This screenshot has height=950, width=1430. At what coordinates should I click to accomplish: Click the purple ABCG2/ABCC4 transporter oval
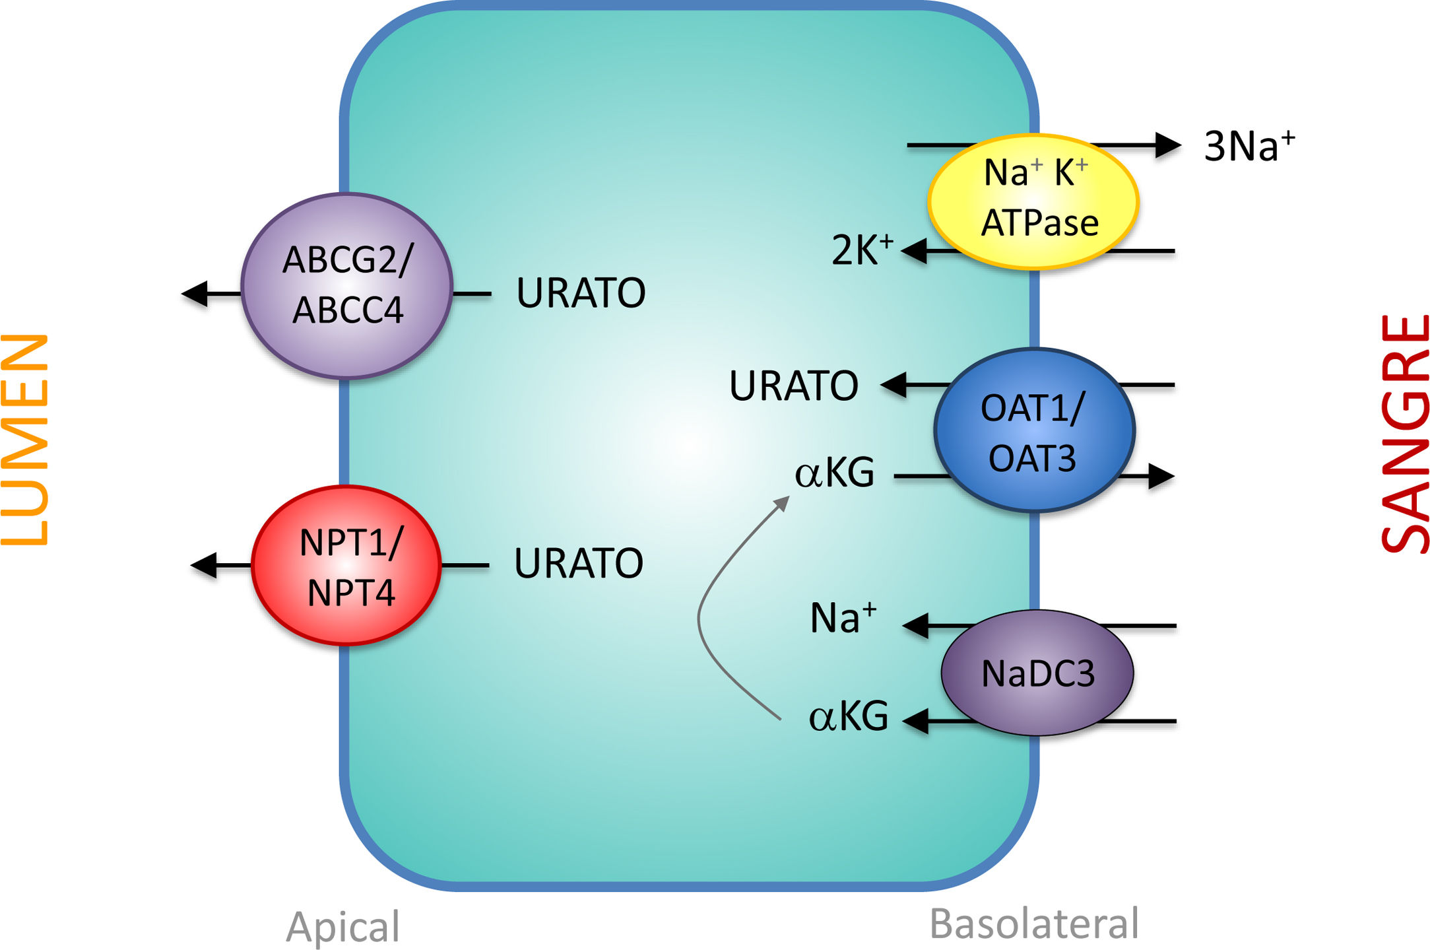point(347,285)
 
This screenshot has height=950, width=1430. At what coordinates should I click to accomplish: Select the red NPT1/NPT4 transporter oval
point(347,566)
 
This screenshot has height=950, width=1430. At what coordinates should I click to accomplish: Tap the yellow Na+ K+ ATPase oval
point(1033,201)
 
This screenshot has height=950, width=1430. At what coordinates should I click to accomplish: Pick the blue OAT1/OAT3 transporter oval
point(1033,430)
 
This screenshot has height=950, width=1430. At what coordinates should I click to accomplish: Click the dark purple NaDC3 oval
point(1037,673)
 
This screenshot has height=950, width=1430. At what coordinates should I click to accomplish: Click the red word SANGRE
point(1404,434)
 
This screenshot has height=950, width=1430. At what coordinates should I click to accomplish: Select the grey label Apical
point(343,927)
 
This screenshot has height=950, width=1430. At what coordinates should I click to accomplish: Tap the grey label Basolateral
point(1034,924)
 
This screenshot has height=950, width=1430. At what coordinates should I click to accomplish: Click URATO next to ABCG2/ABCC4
point(581,293)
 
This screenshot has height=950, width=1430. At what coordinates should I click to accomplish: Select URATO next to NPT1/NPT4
point(579,563)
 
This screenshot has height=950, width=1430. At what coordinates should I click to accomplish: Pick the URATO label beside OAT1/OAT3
point(793,386)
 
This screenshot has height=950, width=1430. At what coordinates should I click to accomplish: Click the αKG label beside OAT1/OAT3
point(835,473)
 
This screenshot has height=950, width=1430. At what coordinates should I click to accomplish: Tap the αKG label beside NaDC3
point(849,716)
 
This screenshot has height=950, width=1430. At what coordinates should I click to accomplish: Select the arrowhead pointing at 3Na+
point(1168,145)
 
